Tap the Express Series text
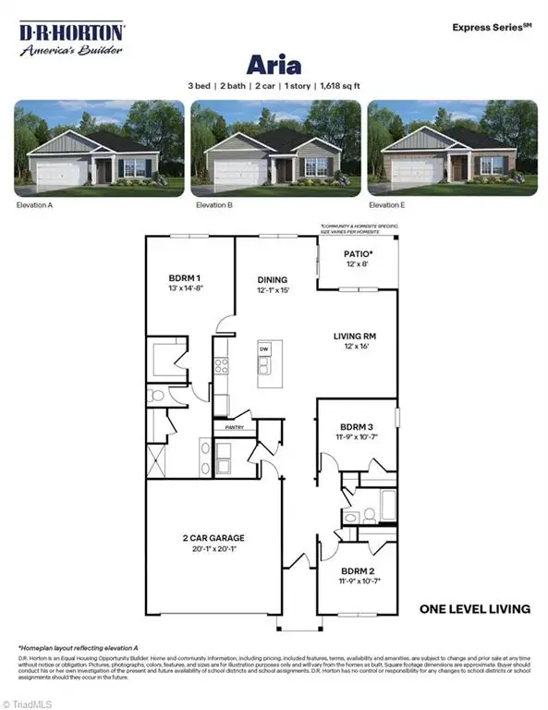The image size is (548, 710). [x=491, y=28]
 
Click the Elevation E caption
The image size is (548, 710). [x=387, y=204]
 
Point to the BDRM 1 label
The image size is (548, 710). [x=186, y=277]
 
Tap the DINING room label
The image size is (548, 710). [x=273, y=279]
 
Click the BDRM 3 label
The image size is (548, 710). [x=357, y=426]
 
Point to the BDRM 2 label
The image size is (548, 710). [x=357, y=572]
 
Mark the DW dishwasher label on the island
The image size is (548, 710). [x=264, y=349]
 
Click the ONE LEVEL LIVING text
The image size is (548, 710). [x=475, y=608]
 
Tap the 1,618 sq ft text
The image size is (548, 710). [x=336, y=85]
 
